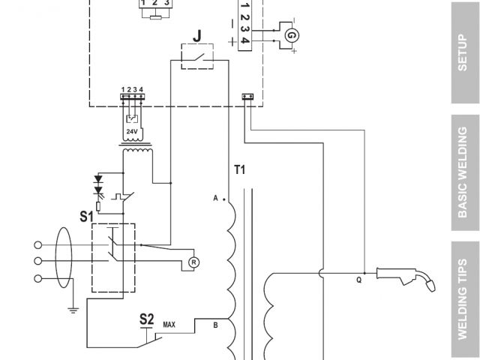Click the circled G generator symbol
click(292, 34)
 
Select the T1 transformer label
click(240, 170)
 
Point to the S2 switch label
click(147, 318)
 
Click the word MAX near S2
click(169, 325)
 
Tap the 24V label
click(132, 131)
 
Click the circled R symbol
click(193, 262)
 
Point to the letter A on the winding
click(215, 198)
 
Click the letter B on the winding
click(216, 325)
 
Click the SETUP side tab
click(462, 52)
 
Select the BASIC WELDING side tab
click(462, 172)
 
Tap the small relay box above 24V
click(132, 118)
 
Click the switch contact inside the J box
click(197, 57)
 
